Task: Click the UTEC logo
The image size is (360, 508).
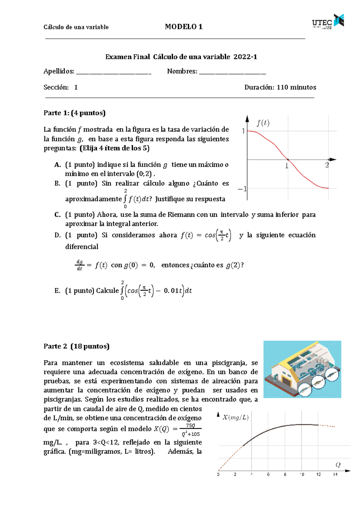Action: [x=328, y=22]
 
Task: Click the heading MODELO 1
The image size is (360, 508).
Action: [x=184, y=27]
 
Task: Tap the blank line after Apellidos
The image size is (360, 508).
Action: [x=114, y=72]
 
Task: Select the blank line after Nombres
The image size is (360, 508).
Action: [x=232, y=72]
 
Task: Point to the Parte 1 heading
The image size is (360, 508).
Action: [x=74, y=113]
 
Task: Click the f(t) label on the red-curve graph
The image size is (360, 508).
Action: [x=263, y=123]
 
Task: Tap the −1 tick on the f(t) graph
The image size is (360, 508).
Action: [x=242, y=189]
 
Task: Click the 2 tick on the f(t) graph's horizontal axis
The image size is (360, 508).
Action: [x=327, y=165]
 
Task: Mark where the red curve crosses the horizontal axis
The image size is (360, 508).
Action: [x=288, y=160]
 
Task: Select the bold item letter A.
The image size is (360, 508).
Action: [x=58, y=165]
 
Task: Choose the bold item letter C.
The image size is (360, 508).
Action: [x=58, y=214]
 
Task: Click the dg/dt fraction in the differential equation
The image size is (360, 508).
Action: [x=79, y=265]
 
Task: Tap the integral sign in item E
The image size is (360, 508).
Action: [x=122, y=290]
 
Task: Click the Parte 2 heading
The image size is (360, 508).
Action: [x=76, y=346]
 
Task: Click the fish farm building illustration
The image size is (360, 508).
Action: [x=302, y=369]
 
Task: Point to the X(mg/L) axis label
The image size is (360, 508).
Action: [x=235, y=417]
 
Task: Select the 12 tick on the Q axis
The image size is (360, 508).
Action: [x=318, y=474]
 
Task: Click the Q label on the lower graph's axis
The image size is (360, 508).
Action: [x=338, y=465]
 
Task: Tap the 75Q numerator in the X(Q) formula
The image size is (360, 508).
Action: [x=190, y=425]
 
